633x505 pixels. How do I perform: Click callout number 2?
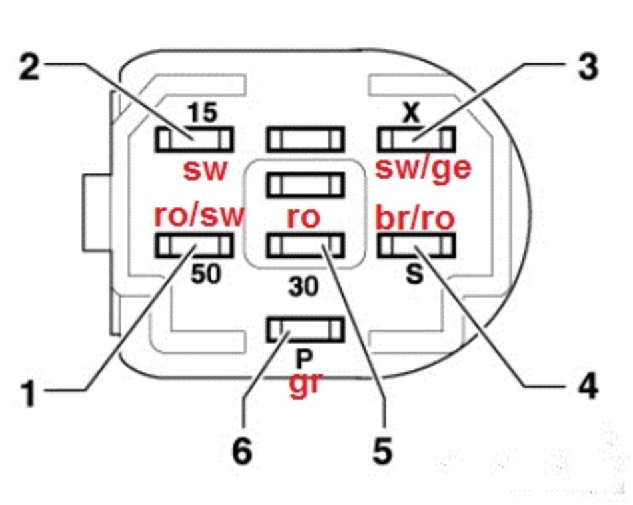click(x=28, y=67)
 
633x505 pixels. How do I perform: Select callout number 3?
click(x=586, y=68)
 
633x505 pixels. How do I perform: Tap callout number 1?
click(x=28, y=393)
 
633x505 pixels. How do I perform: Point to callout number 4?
click(x=586, y=386)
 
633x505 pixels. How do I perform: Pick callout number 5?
click(x=382, y=451)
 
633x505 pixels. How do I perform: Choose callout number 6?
click(x=242, y=451)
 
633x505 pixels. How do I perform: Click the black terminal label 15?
click(x=201, y=113)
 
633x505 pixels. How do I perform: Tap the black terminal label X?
click(x=413, y=113)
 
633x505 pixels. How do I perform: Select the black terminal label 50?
click(x=205, y=274)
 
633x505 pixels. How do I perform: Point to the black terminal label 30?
click(x=304, y=287)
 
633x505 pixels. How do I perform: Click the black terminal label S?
click(x=414, y=275)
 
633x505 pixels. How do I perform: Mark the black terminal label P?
click(x=304, y=360)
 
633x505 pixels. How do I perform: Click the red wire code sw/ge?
click(x=424, y=169)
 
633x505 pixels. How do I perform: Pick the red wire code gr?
click(x=306, y=386)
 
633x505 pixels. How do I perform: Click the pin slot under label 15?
click(x=194, y=139)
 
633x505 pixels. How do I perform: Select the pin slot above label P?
click(x=306, y=329)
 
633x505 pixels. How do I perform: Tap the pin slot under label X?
click(x=416, y=139)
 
